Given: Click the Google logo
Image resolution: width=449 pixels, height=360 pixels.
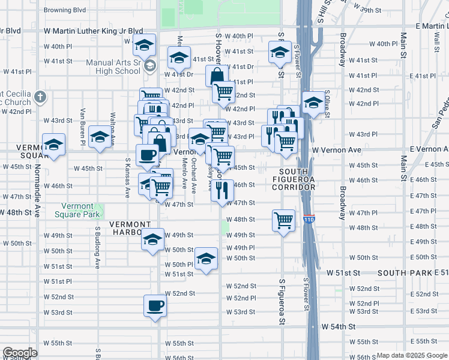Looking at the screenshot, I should click(x=20, y=353).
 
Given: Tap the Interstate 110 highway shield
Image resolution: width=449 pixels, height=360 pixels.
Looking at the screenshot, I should click(x=309, y=218).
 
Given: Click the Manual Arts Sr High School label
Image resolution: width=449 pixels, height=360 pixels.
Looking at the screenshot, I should click(x=113, y=67).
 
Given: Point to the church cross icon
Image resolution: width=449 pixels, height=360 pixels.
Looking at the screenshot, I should click(x=40, y=97).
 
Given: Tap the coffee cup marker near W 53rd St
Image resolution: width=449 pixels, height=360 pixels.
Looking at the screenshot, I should click(x=155, y=306).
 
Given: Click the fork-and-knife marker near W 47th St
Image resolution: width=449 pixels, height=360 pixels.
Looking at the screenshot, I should click(x=222, y=191).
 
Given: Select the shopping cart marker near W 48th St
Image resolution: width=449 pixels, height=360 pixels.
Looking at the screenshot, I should click(x=283, y=220).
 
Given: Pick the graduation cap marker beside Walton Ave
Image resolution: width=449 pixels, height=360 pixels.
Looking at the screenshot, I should click(x=100, y=137).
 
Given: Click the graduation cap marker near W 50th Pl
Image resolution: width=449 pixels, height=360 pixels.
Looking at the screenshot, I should click(x=206, y=259).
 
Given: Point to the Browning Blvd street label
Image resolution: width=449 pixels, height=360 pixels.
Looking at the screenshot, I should click(x=65, y=10).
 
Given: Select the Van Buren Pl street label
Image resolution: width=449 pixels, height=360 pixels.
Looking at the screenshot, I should click(x=83, y=127).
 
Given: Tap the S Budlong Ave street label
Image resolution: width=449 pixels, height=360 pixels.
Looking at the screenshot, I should click(x=97, y=247).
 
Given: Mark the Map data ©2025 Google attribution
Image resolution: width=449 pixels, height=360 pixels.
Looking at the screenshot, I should click(x=412, y=355).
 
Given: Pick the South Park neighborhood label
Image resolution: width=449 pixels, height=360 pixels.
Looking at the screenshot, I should click(x=413, y=273).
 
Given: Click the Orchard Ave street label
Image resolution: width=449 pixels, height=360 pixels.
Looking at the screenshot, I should click(x=193, y=175).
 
